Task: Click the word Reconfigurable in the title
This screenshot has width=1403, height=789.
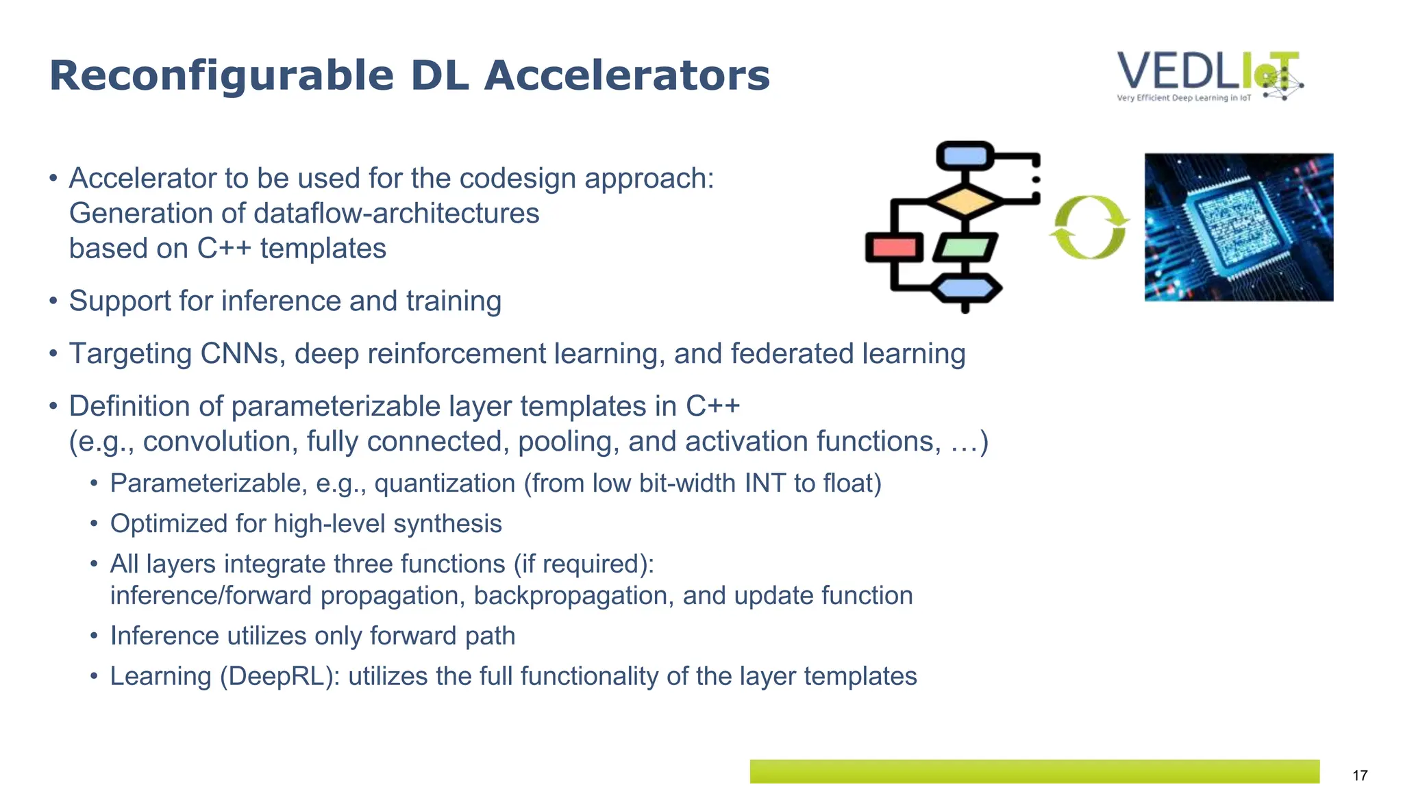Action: click(x=221, y=75)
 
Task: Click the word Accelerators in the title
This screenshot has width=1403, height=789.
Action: click(x=627, y=75)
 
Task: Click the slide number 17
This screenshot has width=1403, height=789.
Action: click(x=1360, y=775)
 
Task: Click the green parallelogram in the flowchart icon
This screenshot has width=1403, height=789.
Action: click(x=965, y=247)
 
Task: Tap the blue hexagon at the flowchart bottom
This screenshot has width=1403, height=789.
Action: click(x=966, y=288)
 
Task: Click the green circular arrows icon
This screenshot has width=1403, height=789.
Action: click(x=1089, y=227)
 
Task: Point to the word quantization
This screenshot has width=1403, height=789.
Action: click(x=445, y=484)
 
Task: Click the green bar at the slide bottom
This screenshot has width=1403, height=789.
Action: click(x=1034, y=771)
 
